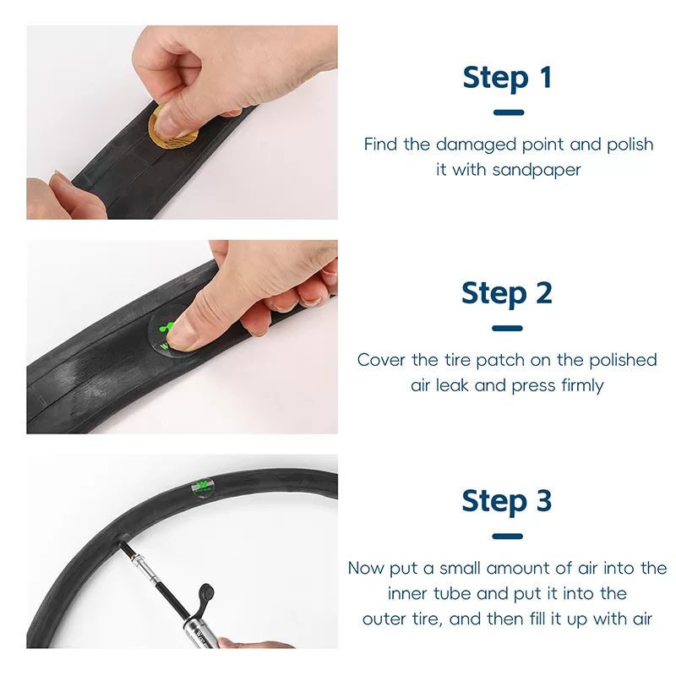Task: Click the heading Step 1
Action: click(x=508, y=78)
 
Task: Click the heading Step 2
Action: click(x=507, y=293)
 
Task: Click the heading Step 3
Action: click(x=507, y=501)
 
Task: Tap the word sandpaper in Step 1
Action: click(x=537, y=170)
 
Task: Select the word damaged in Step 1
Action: click(x=476, y=144)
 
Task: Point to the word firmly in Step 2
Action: click(x=580, y=385)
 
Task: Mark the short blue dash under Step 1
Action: click(x=509, y=112)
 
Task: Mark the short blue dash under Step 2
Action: click(x=507, y=328)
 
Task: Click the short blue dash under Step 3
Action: click(x=507, y=537)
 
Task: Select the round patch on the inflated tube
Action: click(x=204, y=488)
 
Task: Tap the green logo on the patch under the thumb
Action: click(x=166, y=328)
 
